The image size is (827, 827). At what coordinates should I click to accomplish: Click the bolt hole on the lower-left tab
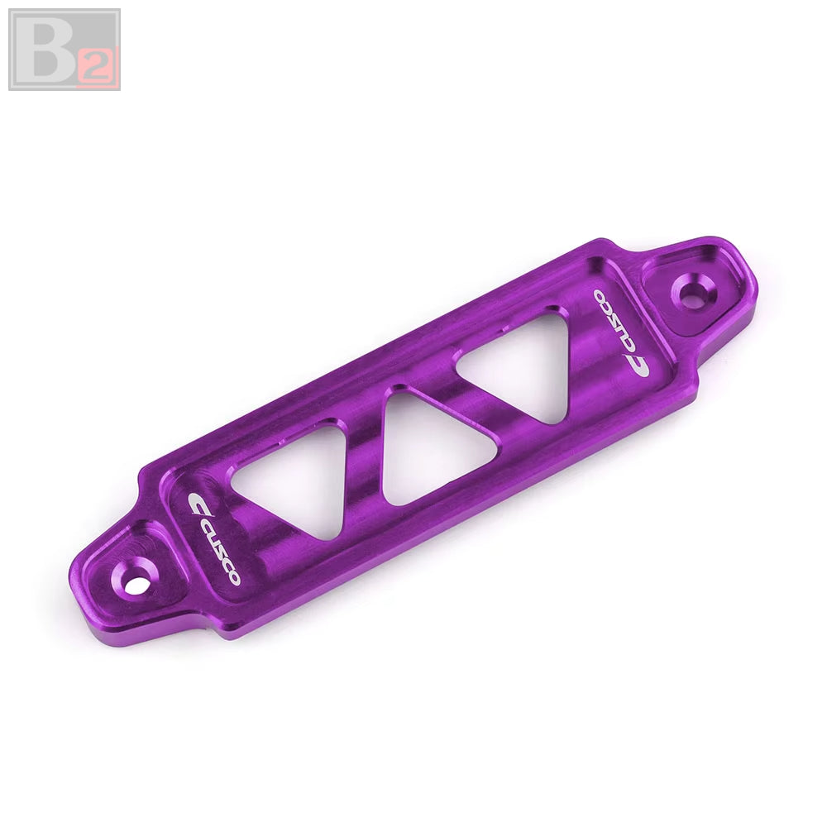[136, 583]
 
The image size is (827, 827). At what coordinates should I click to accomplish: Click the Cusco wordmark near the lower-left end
[214, 539]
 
